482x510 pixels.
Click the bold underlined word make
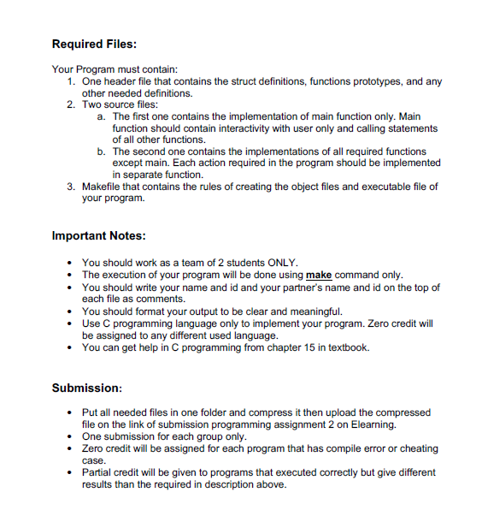pos(319,275)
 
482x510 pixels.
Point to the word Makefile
pos(106,187)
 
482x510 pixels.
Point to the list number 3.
pos(70,187)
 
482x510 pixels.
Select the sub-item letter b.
pos(102,151)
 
